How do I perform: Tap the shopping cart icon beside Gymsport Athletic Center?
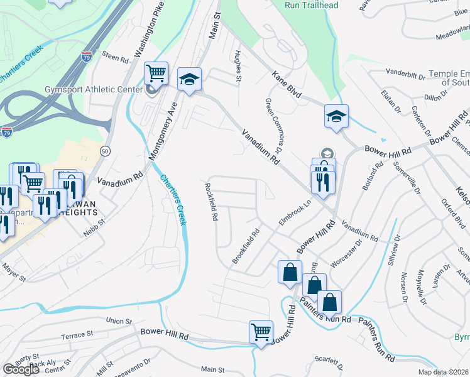pyautogui.click(x=156, y=74)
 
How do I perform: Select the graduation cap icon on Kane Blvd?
pyautogui.click(x=336, y=116)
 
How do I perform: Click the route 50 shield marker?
pyautogui.click(x=105, y=151)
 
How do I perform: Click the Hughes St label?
pyautogui.click(x=238, y=65)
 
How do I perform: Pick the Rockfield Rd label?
pyautogui.click(x=211, y=202)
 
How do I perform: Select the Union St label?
pyautogui.click(x=120, y=321)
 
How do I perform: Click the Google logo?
pyautogui.click(x=21, y=369)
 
